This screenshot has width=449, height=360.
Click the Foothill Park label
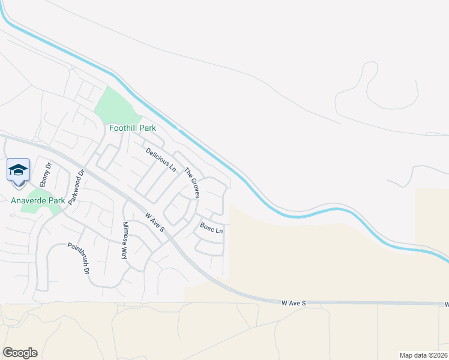tap(132, 128)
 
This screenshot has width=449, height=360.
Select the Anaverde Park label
tap(38, 200)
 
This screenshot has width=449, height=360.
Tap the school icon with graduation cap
tap(18, 169)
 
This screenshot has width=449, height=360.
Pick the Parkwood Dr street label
tap(75, 187)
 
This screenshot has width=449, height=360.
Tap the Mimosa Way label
tap(125, 239)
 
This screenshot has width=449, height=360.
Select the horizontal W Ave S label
tap(294, 304)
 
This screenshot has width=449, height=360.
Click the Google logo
tap(20, 353)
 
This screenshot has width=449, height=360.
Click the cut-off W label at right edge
tap(447, 305)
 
